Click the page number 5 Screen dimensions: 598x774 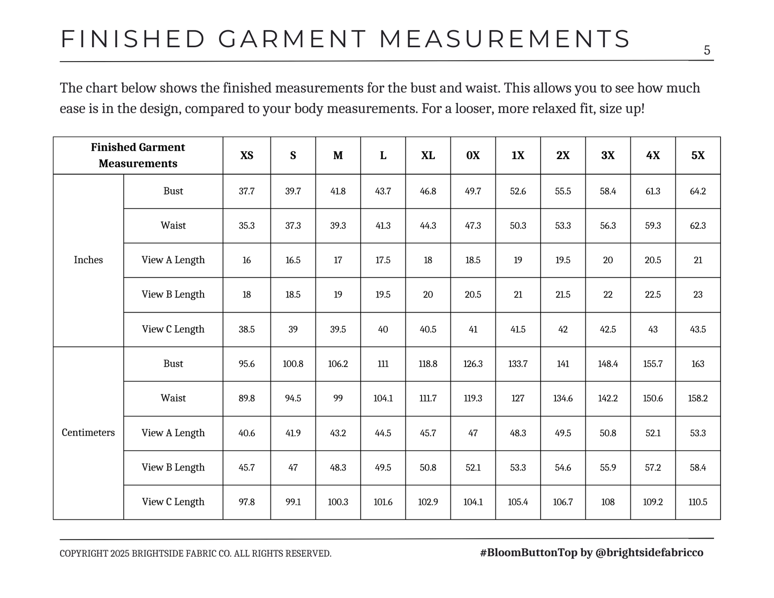point(707,50)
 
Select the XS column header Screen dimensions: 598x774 point(246,155)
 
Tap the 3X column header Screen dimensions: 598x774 point(607,155)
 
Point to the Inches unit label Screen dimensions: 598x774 point(88,260)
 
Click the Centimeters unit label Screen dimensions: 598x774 point(88,432)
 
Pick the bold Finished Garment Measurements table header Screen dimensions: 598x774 point(138,155)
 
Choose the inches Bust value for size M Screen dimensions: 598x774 point(337,191)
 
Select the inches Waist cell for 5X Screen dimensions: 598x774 point(697,226)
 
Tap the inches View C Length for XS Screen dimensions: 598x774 point(246,329)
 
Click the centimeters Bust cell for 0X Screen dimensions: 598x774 point(472,363)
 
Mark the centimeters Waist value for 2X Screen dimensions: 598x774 point(562,398)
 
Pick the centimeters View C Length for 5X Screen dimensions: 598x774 point(697,502)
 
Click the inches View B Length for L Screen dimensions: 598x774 point(382,294)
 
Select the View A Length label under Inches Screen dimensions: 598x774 point(173,260)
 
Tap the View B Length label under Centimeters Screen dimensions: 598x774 point(173,467)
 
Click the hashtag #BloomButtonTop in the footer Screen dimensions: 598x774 point(528,552)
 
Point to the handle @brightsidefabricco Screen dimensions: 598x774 point(649,552)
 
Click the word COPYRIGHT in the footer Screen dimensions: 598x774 point(84,554)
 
